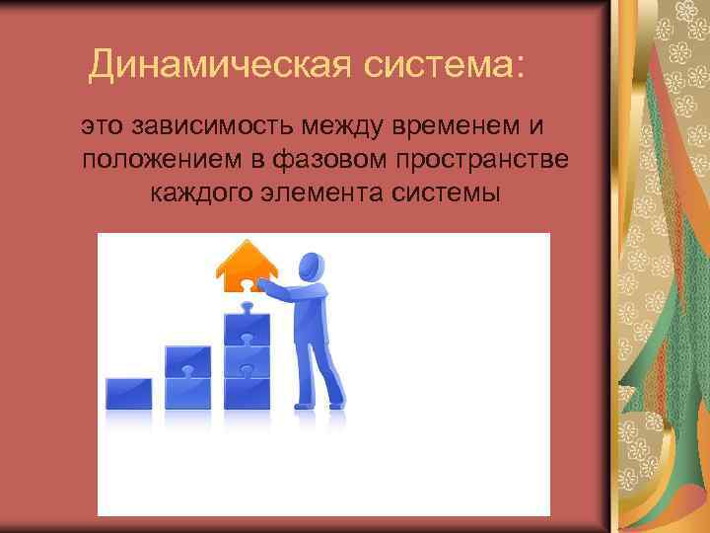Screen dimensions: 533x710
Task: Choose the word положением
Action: (x=160, y=160)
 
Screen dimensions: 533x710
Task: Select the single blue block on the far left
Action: (x=129, y=393)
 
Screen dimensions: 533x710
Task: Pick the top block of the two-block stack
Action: (x=187, y=361)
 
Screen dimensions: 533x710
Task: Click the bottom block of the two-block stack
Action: (x=187, y=393)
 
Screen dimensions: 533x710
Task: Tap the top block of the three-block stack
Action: (x=248, y=330)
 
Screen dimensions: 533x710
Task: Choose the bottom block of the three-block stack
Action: (x=248, y=393)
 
